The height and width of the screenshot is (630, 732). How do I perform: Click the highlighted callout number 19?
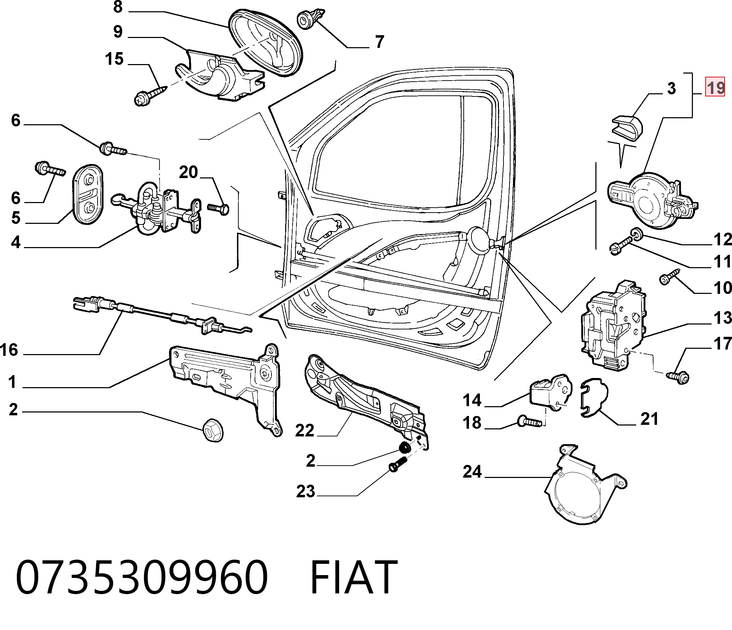click(x=715, y=87)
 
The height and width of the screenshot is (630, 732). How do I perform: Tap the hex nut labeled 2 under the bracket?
click(x=213, y=430)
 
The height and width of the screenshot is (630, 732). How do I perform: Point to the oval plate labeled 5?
click(x=88, y=194)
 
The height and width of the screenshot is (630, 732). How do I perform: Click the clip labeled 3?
click(x=627, y=126)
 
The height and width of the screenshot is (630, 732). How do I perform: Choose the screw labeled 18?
click(x=530, y=421)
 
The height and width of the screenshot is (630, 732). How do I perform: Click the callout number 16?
click(x=9, y=350)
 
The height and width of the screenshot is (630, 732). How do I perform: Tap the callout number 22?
click(x=305, y=430)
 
